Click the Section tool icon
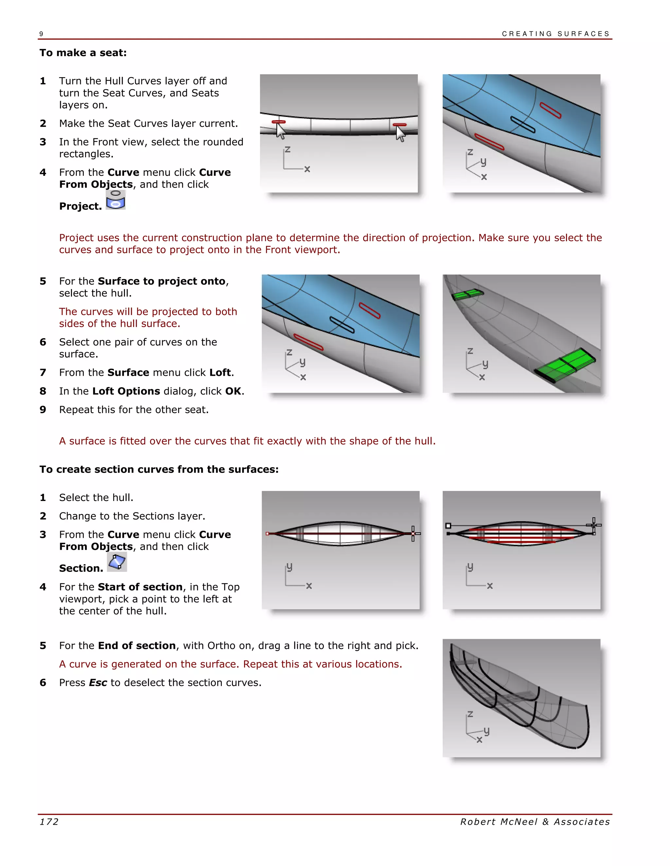(117, 561)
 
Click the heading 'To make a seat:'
(83, 53)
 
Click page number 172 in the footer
(49, 822)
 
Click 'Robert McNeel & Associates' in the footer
(535, 822)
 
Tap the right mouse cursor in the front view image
(400, 134)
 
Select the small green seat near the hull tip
(467, 294)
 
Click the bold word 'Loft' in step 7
(220, 372)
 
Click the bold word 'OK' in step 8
(233, 391)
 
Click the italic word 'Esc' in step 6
(97, 682)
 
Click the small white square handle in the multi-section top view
(448, 525)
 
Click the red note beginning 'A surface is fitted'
(247, 441)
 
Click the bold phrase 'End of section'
(136, 645)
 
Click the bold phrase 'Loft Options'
(126, 391)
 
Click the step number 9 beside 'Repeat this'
(43, 409)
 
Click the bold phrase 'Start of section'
(140, 587)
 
